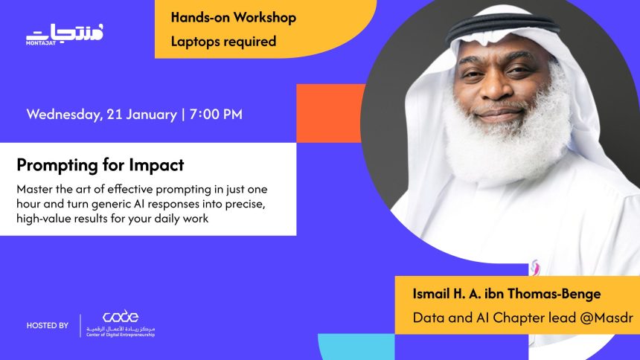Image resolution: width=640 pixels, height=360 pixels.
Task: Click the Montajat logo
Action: (x=65, y=33)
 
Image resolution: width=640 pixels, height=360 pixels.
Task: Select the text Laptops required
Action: (x=223, y=41)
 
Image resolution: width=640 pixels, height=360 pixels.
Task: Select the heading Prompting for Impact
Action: (x=100, y=164)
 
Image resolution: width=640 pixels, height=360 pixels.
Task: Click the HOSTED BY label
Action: (x=48, y=326)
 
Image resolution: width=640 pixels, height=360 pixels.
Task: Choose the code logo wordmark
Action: (x=121, y=317)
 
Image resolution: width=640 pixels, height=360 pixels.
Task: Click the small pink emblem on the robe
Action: (x=535, y=266)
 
